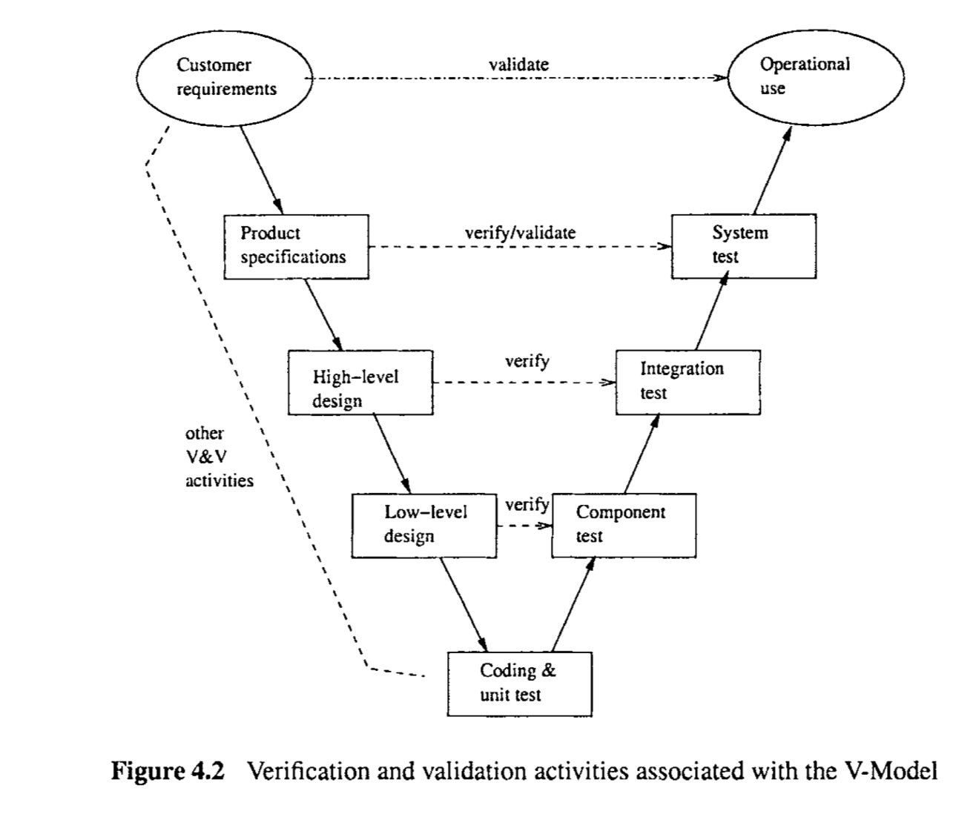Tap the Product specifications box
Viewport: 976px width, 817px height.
[296, 246]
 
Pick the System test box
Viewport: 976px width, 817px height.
[743, 246]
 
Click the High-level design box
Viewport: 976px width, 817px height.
[360, 382]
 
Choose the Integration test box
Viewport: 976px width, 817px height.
[688, 382]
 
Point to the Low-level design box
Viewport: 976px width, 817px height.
[424, 525]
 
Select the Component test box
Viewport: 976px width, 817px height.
[624, 525]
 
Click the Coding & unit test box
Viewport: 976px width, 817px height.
[519, 684]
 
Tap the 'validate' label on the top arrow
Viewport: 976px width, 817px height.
[519, 64]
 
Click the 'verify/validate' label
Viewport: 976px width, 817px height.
[520, 233]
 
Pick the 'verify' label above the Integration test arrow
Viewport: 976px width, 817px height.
[527, 362]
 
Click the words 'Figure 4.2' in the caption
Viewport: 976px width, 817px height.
[167, 772]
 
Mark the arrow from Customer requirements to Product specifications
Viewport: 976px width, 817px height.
[263, 170]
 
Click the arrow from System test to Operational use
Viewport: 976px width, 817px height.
[772, 171]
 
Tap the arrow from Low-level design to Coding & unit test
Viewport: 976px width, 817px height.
[464, 603]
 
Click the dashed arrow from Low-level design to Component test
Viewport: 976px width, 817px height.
[524, 526]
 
